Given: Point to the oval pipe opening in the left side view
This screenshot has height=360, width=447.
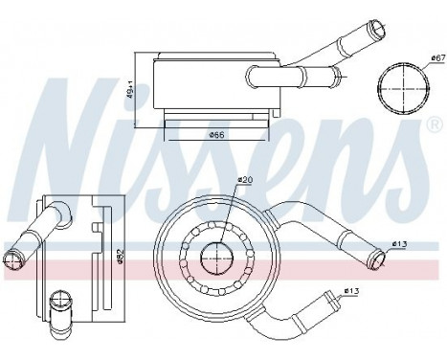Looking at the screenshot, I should coord(15,255).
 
